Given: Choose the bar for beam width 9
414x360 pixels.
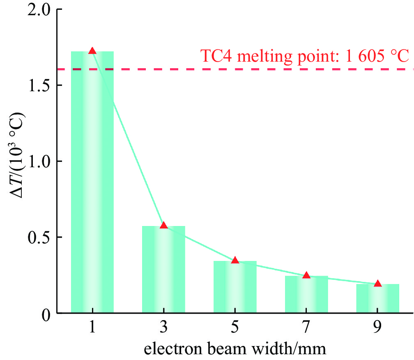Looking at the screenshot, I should point(378,298).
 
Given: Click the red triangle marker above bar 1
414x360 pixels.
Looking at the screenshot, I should point(92,51).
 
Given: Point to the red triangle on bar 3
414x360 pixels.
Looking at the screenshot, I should point(163,225).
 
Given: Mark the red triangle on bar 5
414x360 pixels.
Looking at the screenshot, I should point(235,260).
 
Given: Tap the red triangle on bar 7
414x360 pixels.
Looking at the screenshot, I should point(306,275).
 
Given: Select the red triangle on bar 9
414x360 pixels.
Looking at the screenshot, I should point(378,284).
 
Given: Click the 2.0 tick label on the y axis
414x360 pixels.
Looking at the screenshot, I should point(38,10).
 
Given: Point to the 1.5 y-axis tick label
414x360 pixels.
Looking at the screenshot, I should point(38,85).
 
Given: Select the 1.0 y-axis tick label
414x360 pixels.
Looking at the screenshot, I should point(38,162).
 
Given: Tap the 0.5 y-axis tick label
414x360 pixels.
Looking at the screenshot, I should point(38,238).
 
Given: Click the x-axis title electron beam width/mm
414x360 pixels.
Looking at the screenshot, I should point(235,349).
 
